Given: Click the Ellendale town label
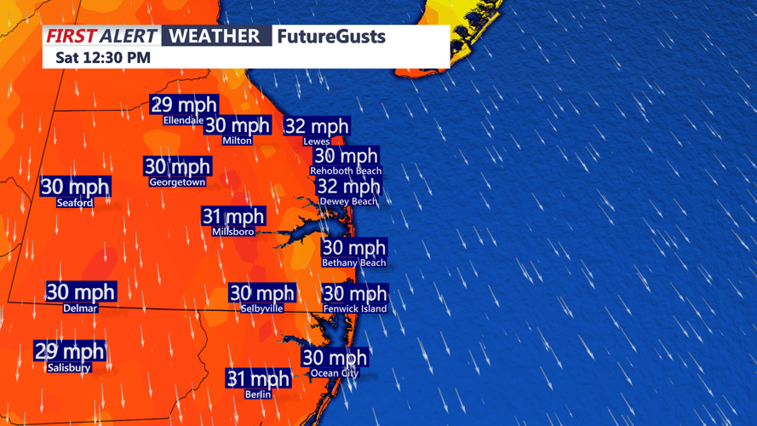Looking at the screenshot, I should [183, 120].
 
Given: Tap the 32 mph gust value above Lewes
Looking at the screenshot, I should [317, 127].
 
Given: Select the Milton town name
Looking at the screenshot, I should [237, 141].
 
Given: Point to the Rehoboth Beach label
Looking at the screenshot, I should [346, 171].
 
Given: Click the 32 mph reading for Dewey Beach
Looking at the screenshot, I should [348, 187].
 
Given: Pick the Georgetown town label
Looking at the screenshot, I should [177, 182].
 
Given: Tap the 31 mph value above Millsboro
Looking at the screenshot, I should [233, 216].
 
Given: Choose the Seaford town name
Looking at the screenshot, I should [75, 203].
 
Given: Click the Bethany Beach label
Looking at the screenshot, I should [354, 263].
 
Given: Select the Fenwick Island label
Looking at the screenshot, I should [355, 308].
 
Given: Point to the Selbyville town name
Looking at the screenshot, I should [261, 308].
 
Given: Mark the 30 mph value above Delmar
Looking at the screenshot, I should [80, 292].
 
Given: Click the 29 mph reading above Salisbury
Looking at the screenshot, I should [69, 351].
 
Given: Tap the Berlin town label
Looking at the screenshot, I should [258, 394].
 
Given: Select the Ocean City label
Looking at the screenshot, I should [335, 373].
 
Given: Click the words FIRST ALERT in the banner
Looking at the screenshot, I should [101, 37].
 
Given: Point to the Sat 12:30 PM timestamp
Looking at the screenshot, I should [102, 58].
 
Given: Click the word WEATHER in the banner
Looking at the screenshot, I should [214, 37].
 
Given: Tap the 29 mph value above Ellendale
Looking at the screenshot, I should [184, 105].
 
